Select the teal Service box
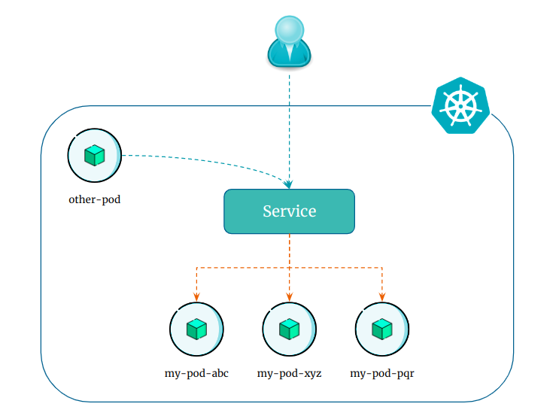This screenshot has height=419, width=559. pos(289,211)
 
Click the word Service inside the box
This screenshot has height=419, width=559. pos(289,211)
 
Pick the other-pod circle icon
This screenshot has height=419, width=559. pos(94,156)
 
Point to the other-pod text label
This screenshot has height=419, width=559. pos(94,200)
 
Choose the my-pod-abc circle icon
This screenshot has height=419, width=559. pos(196,329)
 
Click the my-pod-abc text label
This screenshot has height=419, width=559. pos(196,373)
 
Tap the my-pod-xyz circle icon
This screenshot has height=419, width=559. pos(289,329)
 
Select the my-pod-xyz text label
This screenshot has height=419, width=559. pos(289,373)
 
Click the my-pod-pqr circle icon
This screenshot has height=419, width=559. pos(382,329)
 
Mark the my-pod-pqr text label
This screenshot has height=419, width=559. pos(382,373)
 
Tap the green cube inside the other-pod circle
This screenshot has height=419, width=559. pos(94,156)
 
